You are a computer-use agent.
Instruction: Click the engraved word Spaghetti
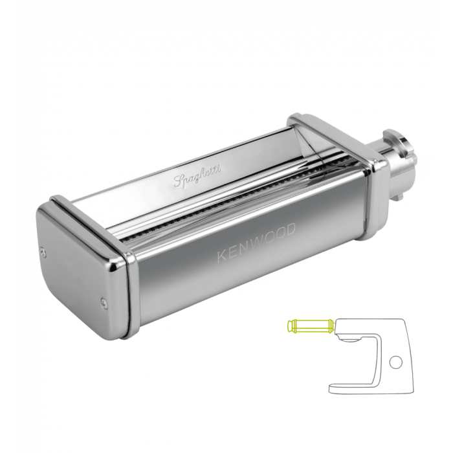point(197,175)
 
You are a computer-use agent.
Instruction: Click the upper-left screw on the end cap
point(44,251)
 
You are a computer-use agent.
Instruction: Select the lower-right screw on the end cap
point(104,302)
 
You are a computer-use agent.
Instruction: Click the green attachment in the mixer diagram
point(311,326)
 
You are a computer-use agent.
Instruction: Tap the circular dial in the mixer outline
point(395,362)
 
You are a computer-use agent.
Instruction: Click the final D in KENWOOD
point(291,229)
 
